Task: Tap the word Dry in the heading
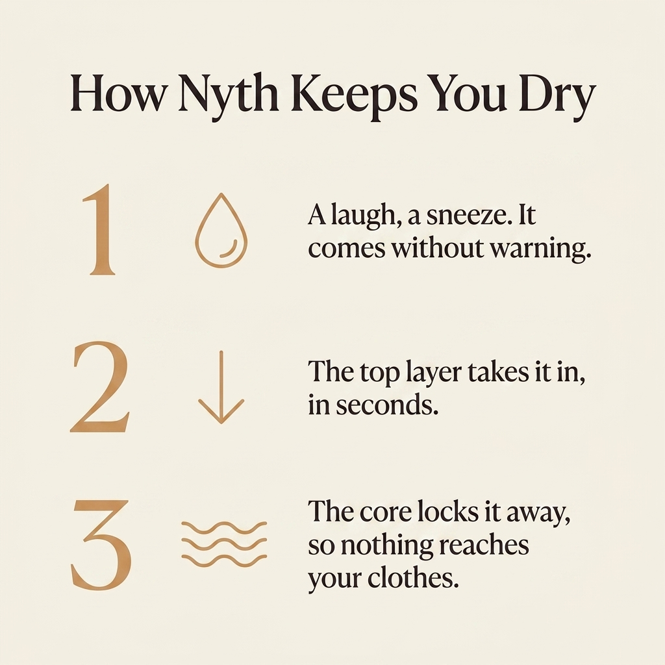(556, 96)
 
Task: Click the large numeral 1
(99, 229)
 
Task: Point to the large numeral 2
(100, 386)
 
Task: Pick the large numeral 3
(101, 545)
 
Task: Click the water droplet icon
(221, 231)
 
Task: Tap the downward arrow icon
(221, 387)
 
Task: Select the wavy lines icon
(224, 545)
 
